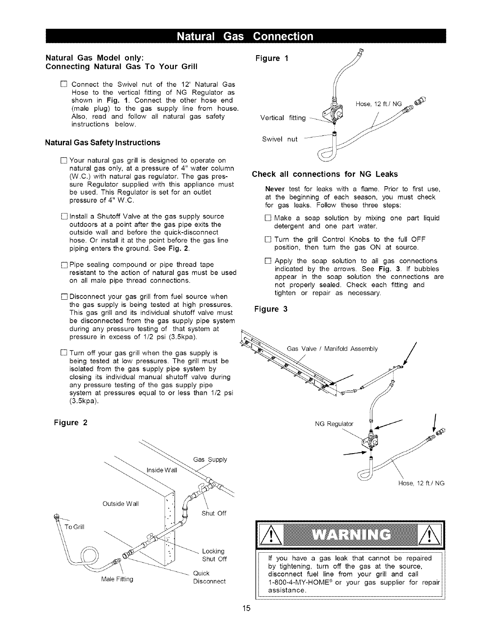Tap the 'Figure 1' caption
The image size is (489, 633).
pyautogui.click(x=272, y=58)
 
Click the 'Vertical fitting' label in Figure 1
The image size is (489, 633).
pyautogui.click(x=283, y=117)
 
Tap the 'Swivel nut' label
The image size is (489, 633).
pyautogui.click(x=280, y=139)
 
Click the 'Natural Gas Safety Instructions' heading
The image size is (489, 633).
pyautogui.click(x=103, y=143)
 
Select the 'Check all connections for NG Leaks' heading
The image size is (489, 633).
pyautogui.click(x=325, y=174)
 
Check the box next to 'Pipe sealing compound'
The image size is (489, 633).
pyautogui.click(x=65, y=265)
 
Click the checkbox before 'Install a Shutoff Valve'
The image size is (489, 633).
pyautogui.click(x=65, y=217)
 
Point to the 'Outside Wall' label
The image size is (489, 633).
pyautogui.click(x=121, y=504)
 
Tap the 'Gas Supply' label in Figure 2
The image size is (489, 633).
pyautogui.click(x=210, y=460)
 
